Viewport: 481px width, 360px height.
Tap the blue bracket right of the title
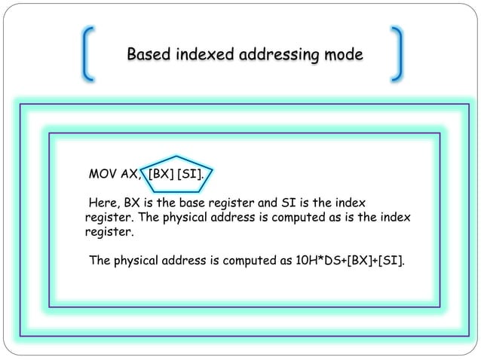tap(397, 53)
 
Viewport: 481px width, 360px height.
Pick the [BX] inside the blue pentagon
tap(161, 175)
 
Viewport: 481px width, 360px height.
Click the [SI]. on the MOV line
tap(190, 175)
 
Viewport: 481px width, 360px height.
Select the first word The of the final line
tap(101, 261)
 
